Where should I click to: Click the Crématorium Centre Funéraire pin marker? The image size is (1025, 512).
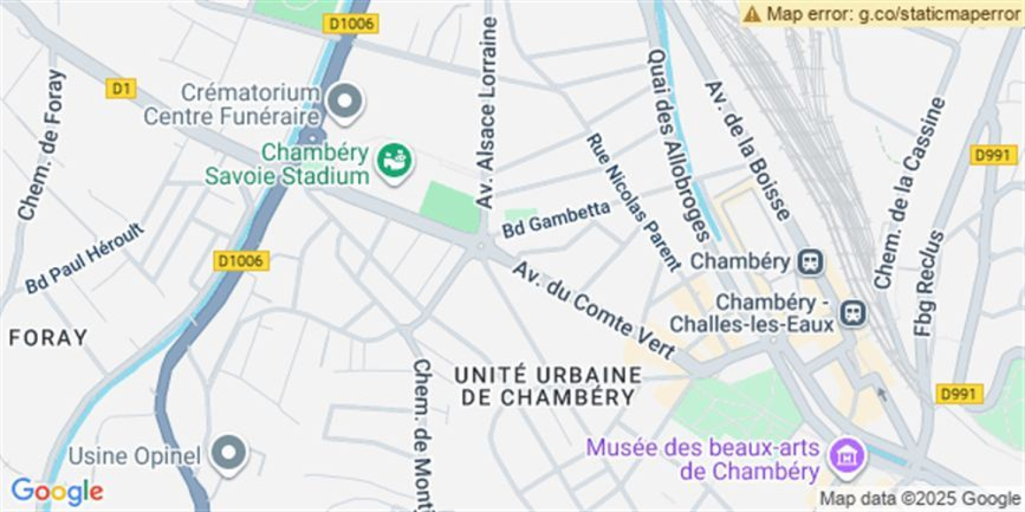pos(345,101)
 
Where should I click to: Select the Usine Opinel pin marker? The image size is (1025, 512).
pos(229,453)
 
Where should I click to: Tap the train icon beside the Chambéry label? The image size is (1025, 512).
pos(810,261)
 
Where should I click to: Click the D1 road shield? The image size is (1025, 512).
pos(120,88)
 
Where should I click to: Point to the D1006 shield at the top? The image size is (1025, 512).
pos(350,24)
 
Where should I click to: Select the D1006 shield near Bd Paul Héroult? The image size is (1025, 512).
pos(240,261)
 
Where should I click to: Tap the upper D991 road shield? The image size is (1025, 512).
pos(993,155)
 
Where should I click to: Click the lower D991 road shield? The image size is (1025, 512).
pos(958,394)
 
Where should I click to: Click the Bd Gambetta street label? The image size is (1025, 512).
pos(555,219)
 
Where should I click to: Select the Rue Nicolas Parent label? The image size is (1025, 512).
pos(633,202)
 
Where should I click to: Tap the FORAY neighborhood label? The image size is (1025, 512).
pos(48,338)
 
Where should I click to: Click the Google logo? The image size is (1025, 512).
pos(57,491)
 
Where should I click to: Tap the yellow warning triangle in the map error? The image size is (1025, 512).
pos(753,13)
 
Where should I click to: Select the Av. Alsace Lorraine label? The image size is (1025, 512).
pos(487,112)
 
